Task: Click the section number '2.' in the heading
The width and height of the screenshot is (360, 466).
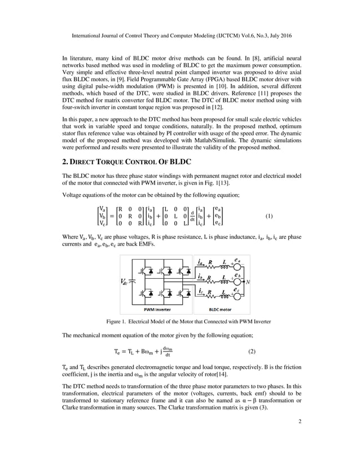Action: [65, 161]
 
